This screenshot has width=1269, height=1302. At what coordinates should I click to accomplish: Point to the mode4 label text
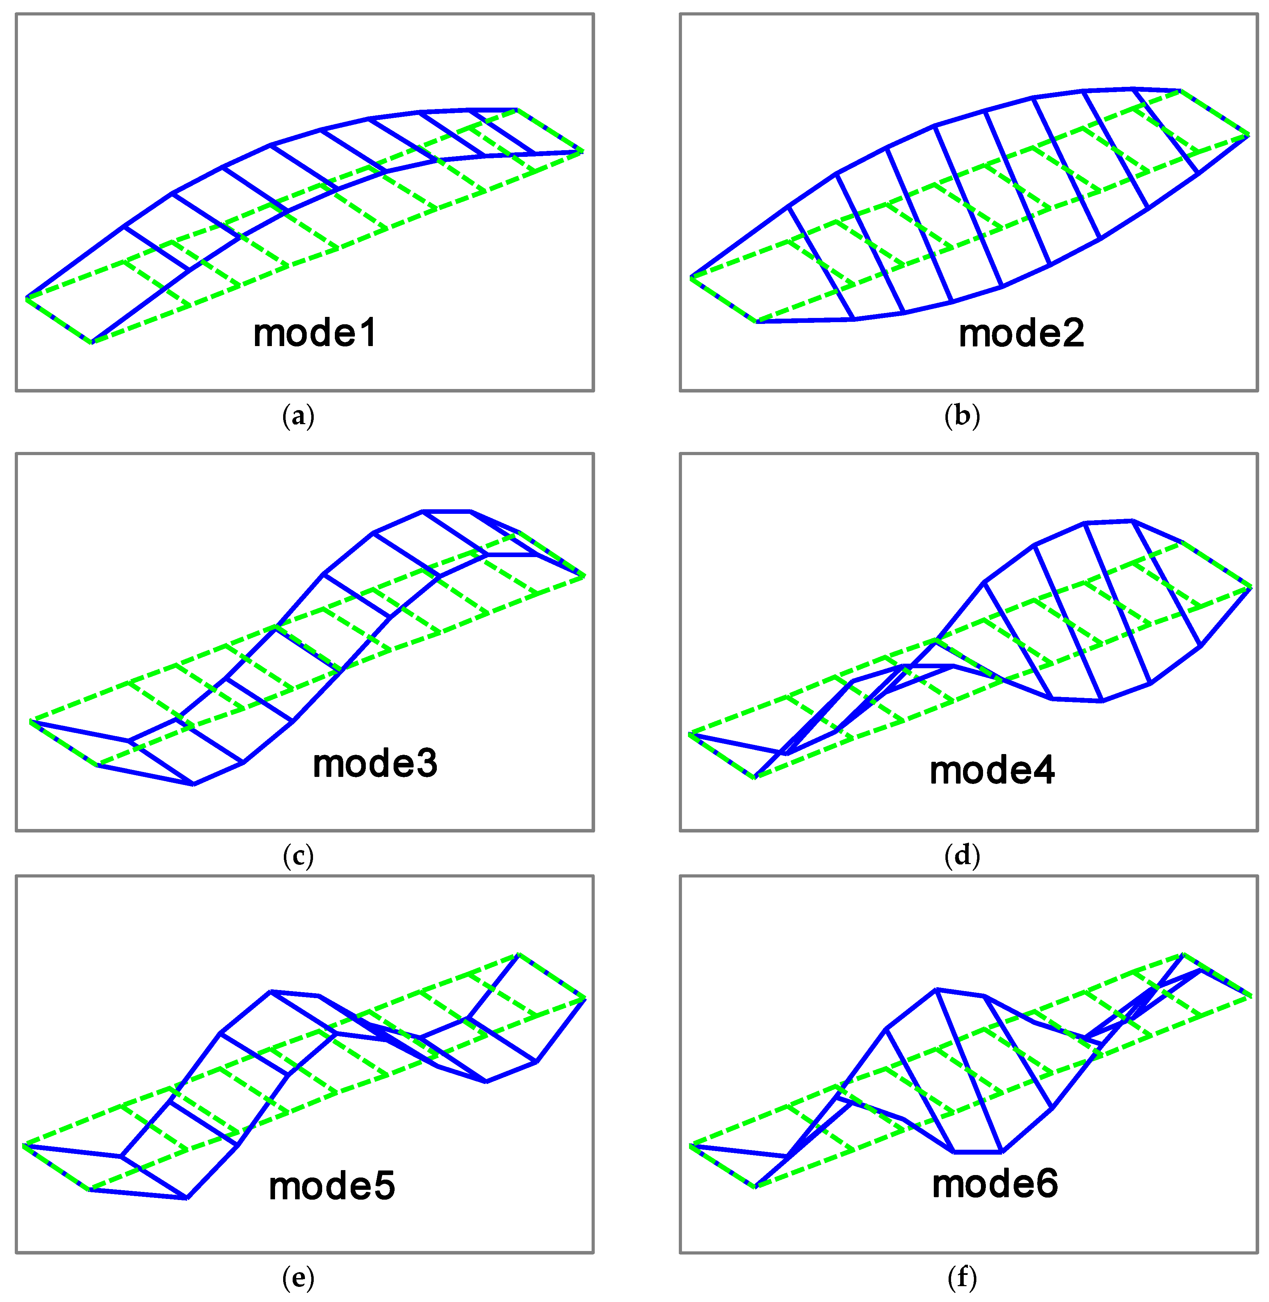pos(992,771)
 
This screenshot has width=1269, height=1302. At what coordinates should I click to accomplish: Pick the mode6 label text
pos(994,1184)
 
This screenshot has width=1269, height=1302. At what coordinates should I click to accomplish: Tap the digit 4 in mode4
pos(1044,771)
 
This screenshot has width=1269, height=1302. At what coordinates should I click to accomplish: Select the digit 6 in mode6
pos(1046,1184)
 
